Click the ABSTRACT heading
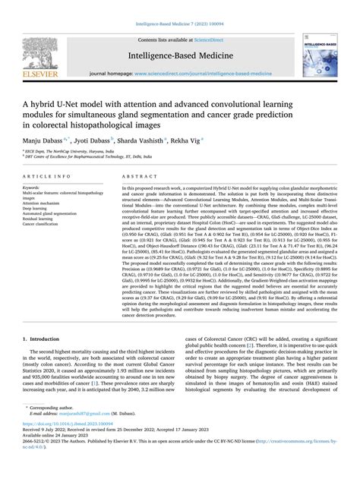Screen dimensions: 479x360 coord(136,175)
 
